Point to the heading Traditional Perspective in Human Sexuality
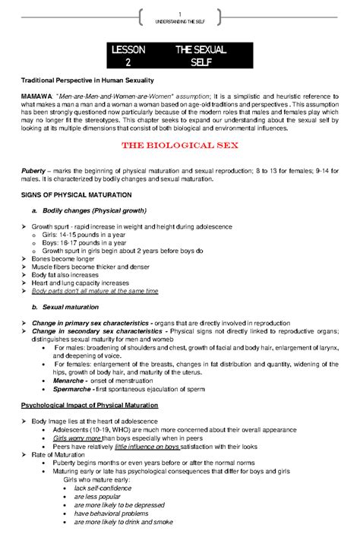87,80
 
